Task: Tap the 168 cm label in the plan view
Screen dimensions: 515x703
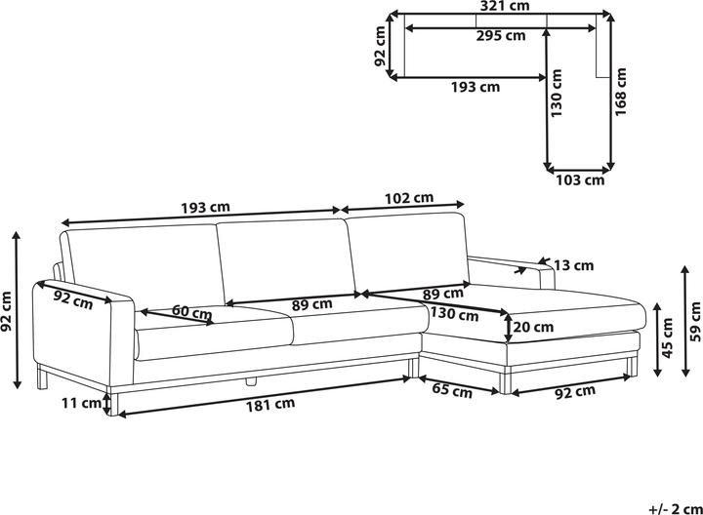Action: (x=621, y=96)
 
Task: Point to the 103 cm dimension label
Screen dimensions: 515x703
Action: (x=580, y=179)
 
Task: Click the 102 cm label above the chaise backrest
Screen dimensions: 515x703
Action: (x=410, y=198)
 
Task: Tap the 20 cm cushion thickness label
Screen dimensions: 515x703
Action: (x=534, y=328)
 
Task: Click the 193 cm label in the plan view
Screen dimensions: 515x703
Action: (x=476, y=87)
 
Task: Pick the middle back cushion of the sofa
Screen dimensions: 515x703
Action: (x=280, y=260)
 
